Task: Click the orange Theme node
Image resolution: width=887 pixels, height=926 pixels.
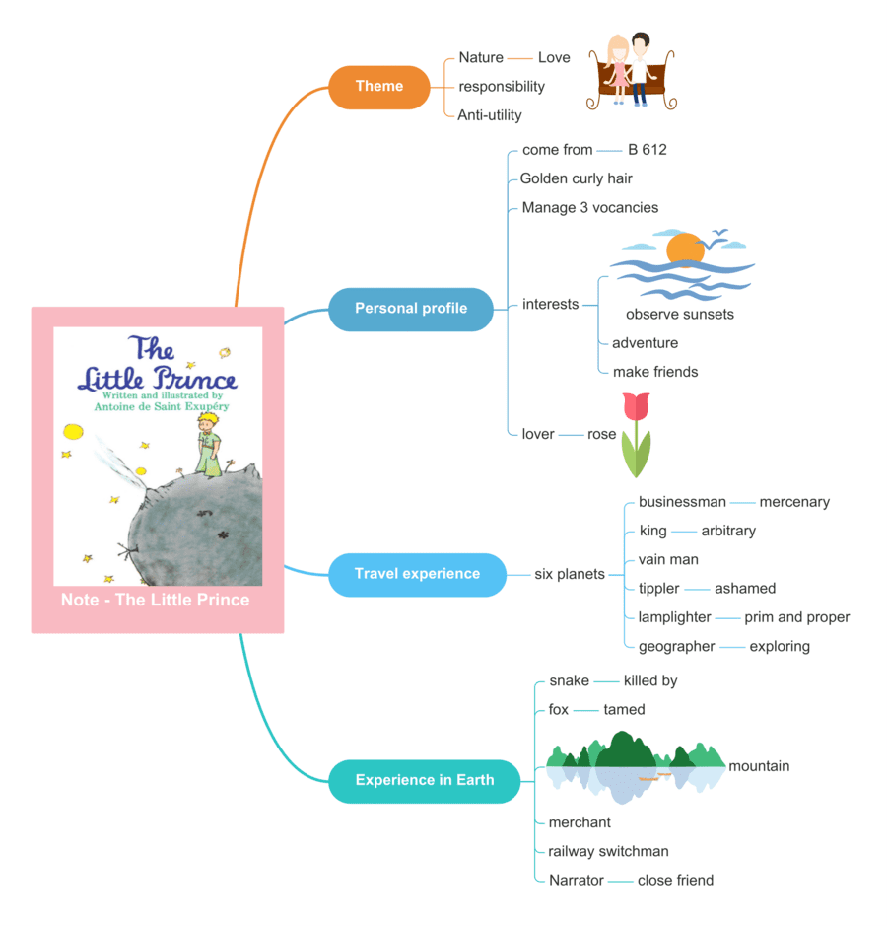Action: [x=379, y=87]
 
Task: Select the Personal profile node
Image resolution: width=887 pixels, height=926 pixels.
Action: [x=410, y=309]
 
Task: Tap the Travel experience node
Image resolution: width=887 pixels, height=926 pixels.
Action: [x=417, y=574]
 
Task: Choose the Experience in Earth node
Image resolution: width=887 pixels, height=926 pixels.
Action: [x=424, y=780]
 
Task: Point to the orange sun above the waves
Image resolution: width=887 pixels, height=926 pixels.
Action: [x=684, y=249]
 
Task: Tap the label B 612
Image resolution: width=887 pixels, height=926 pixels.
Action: [x=647, y=150]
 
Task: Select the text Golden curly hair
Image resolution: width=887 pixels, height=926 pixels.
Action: [x=576, y=178]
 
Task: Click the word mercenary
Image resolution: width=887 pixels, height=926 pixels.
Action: [x=794, y=502]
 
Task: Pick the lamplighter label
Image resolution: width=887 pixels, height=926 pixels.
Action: [x=674, y=617]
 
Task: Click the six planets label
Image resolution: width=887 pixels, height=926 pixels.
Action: [x=569, y=574]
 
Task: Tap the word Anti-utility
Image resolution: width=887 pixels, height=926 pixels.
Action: [x=489, y=115]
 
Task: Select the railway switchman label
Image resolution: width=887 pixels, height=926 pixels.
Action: [x=608, y=851]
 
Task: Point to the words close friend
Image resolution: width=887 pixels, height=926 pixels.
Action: [x=675, y=880]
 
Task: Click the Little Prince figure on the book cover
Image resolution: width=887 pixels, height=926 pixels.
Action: [x=208, y=444]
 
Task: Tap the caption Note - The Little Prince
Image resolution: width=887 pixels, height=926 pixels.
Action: [x=156, y=600]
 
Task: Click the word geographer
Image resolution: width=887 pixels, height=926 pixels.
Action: [x=676, y=646]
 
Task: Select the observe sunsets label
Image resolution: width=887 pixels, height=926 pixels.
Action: [x=679, y=315]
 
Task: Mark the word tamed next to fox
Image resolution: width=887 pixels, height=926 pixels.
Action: [x=624, y=709]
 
